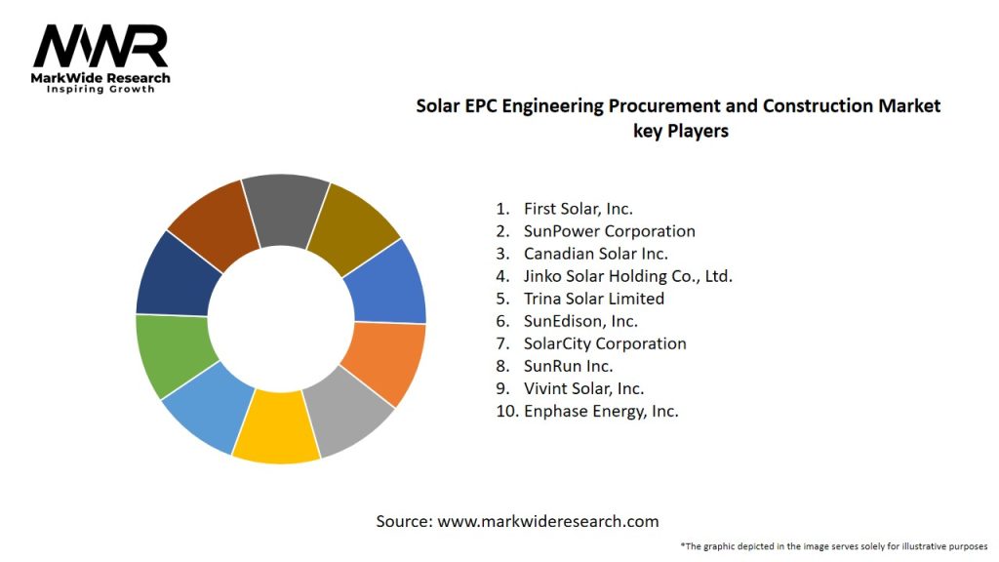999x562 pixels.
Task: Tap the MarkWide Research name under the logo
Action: (x=101, y=78)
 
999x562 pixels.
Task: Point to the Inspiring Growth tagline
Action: (x=101, y=90)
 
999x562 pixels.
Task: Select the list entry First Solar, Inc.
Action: (x=578, y=209)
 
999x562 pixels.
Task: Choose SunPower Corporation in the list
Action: (x=609, y=231)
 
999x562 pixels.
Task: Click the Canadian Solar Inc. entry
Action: (x=596, y=254)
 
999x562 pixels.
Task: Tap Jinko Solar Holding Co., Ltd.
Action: (x=627, y=276)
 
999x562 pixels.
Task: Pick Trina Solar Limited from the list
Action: (x=593, y=299)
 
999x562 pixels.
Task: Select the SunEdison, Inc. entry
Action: (x=580, y=321)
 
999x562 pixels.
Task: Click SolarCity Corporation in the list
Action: (x=604, y=343)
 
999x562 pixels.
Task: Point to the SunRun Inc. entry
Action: (x=568, y=366)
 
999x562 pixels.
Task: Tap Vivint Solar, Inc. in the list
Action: (x=583, y=388)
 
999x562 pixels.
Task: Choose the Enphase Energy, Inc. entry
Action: (x=600, y=411)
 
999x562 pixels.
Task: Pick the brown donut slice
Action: (x=211, y=221)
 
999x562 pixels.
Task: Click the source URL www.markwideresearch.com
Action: (x=548, y=521)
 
